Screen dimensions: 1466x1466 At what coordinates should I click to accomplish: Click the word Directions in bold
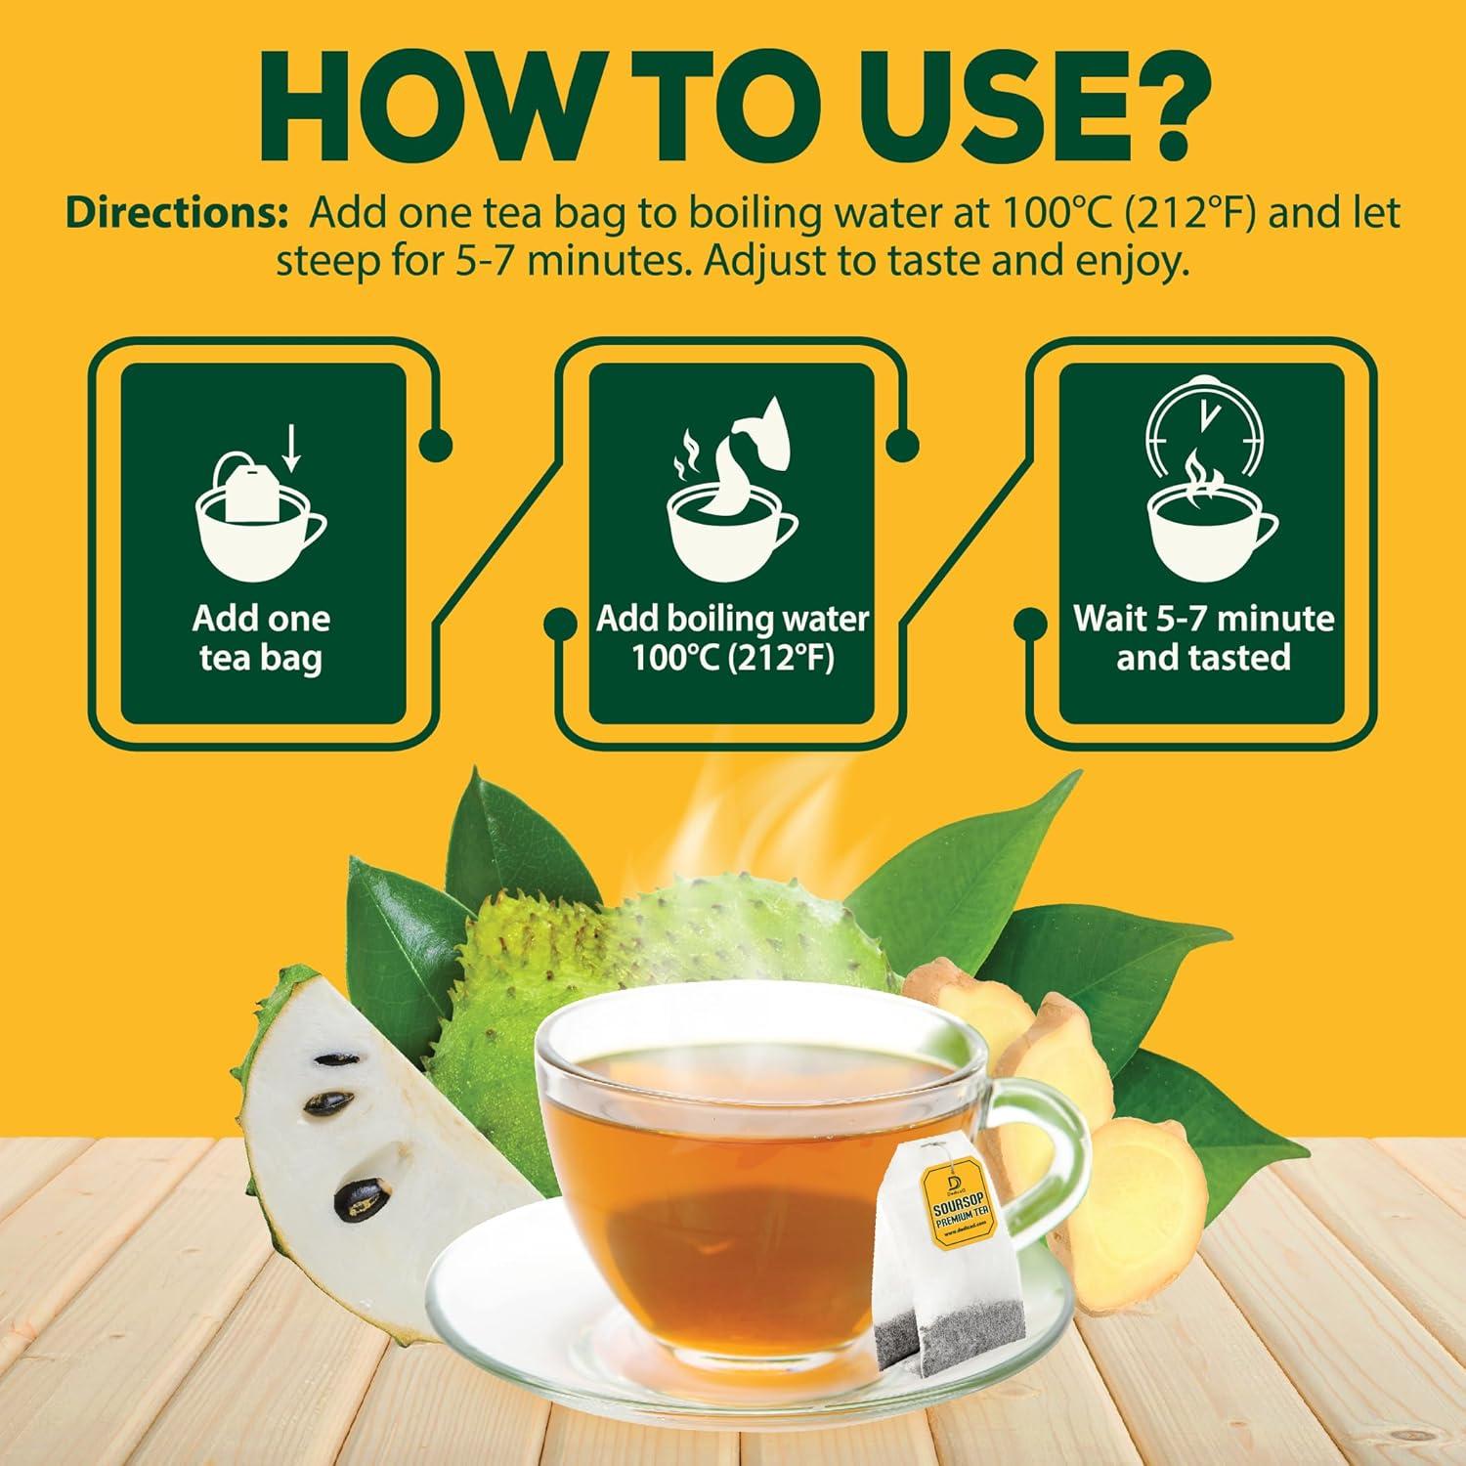click(170, 215)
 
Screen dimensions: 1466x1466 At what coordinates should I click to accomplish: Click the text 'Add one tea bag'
click(261, 638)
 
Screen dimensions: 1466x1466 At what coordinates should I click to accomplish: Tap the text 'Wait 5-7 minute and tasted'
click(1203, 638)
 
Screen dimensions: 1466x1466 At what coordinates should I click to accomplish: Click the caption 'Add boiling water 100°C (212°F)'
click(732, 638)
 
